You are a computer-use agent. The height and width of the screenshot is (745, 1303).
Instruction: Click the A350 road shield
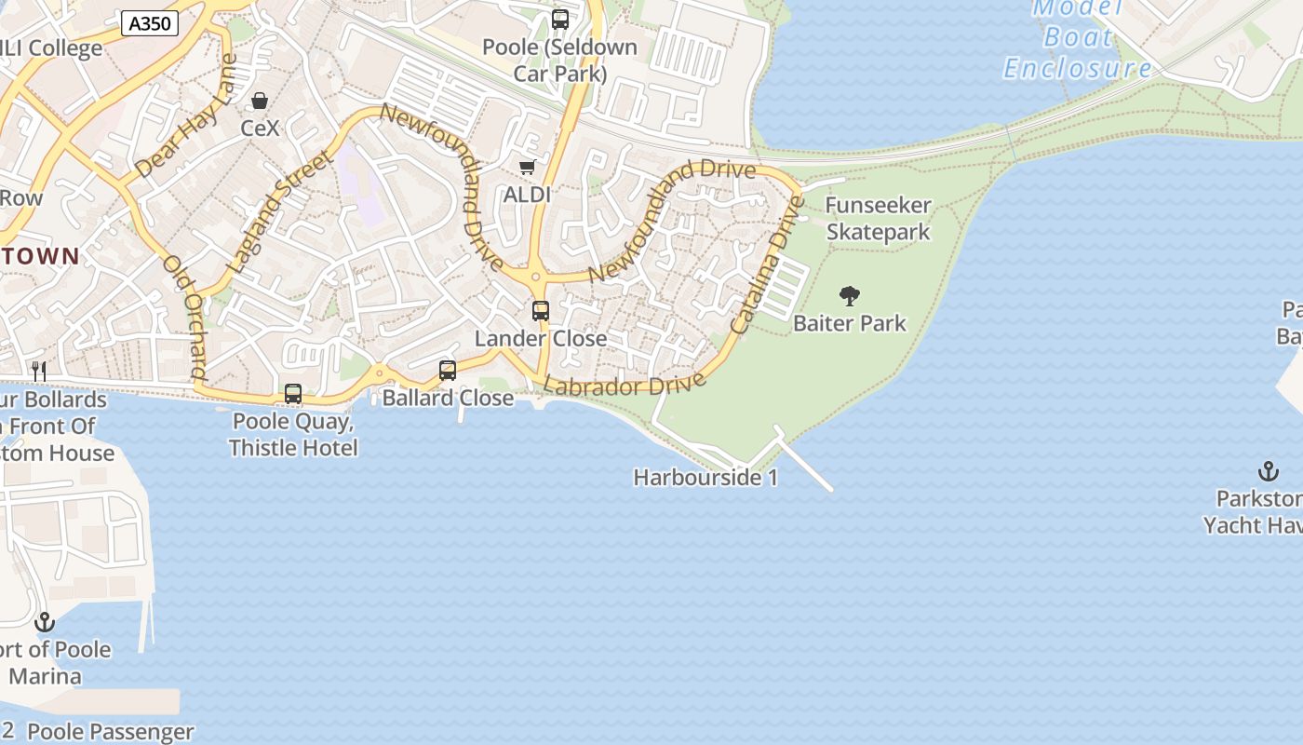[x=150, y=23]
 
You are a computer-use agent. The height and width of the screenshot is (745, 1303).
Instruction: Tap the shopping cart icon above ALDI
[x=528, y=167]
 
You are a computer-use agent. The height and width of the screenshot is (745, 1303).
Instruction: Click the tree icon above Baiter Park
[x=849, y=296]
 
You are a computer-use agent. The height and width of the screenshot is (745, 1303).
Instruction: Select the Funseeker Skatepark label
[x=878, y=219]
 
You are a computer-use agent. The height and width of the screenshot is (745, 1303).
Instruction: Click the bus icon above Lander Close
[x=541, y=311]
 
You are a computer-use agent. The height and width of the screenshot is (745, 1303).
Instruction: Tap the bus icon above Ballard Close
[x=448, y=371]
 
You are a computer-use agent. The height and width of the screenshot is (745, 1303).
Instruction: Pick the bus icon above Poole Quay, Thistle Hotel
[x=293, y=394]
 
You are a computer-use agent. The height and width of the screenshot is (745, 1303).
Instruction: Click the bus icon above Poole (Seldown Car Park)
[x=560, y=20]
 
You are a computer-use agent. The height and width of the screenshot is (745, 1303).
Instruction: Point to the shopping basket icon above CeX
[x=260, y=101]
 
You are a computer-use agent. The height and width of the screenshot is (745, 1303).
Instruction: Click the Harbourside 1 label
[x=705, y=478]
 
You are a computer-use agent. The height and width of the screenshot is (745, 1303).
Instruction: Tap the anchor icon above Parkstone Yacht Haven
[x=1268, y=471]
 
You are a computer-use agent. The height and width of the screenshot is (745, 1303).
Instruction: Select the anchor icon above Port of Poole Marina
[x=45, y=622]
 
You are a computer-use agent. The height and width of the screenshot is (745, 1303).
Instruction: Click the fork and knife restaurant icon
[x=39, y=372]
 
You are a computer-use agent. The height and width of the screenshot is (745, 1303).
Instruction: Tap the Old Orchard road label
[x=184, y=317]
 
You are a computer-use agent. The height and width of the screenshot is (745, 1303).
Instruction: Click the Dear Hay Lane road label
[x=186, y=116]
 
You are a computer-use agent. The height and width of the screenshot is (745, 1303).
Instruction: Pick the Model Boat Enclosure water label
[x=1078, y=38]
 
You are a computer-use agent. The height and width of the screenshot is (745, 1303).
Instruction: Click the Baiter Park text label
[x=849, y=323]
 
